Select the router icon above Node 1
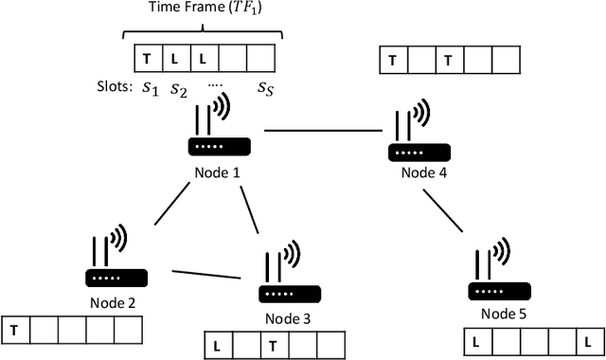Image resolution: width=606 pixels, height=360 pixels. point(219,134)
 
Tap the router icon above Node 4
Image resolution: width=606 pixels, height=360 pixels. point(414,138)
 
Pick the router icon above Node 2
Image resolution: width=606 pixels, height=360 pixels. point(116,263)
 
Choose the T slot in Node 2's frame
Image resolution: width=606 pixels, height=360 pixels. point(16,329)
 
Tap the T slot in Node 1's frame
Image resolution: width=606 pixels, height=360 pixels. point(146,59)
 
